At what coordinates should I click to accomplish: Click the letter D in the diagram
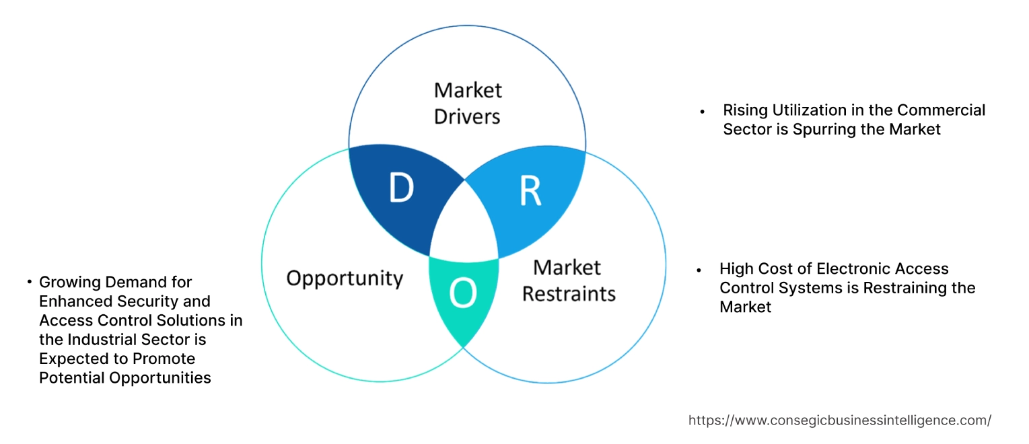[401, 189]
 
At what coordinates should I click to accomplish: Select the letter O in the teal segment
[463, 293]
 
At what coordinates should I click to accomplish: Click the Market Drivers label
[467, 103]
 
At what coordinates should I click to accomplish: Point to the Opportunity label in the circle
[345, 278]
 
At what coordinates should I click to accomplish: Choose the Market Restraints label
[569, 281]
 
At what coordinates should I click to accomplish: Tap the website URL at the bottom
[839, 420]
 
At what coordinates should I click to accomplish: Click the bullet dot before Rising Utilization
[703, 111]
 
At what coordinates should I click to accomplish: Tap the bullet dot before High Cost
[699, 270]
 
